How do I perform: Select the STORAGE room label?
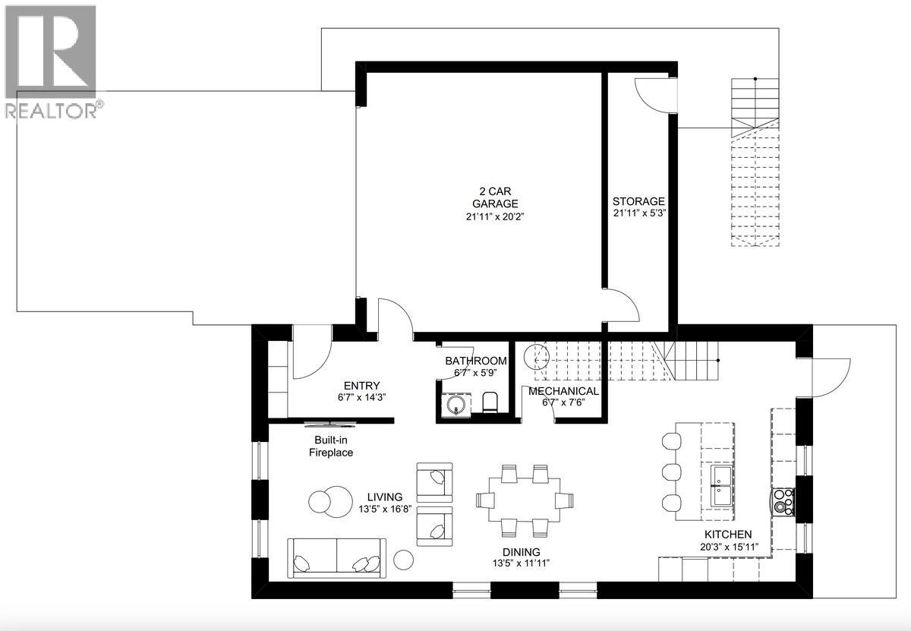[638, 201]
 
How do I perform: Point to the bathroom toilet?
[490, 402]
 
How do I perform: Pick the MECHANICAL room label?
[563, 391]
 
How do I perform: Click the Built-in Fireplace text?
[330, 446]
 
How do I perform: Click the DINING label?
[520, 552]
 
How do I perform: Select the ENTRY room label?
[361, 386]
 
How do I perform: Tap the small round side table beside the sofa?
[404, 560]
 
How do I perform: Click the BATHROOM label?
[476, 361]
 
